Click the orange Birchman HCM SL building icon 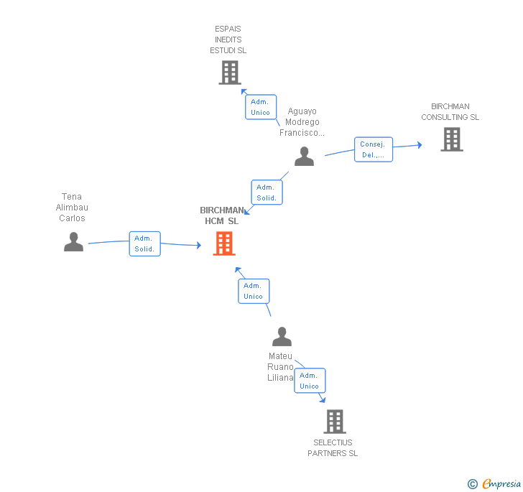coord(224,243)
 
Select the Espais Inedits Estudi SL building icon coord(229,73)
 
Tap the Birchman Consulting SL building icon coord(451,139)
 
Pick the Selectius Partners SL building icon coord(334,422)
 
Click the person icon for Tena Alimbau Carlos coord(73,242)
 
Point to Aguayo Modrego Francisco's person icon coord(304,157)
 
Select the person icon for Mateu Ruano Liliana coord(282,337)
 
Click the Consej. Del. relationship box coord(373,149)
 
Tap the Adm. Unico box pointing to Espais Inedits coord(260,107)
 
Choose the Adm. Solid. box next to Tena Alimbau coord(144,243)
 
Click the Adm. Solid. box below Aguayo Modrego coord(266,192)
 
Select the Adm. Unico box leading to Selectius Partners coord(310,381)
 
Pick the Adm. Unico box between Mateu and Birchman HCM coord(254,291)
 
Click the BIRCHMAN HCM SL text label coord(222,215)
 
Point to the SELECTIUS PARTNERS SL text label coord(333,448)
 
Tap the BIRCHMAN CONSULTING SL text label coord(450,112)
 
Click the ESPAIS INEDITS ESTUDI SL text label coord(228,40)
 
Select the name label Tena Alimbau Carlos coord(72,208)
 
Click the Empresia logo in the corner coord(496,484)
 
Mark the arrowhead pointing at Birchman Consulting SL coord(418,145)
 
